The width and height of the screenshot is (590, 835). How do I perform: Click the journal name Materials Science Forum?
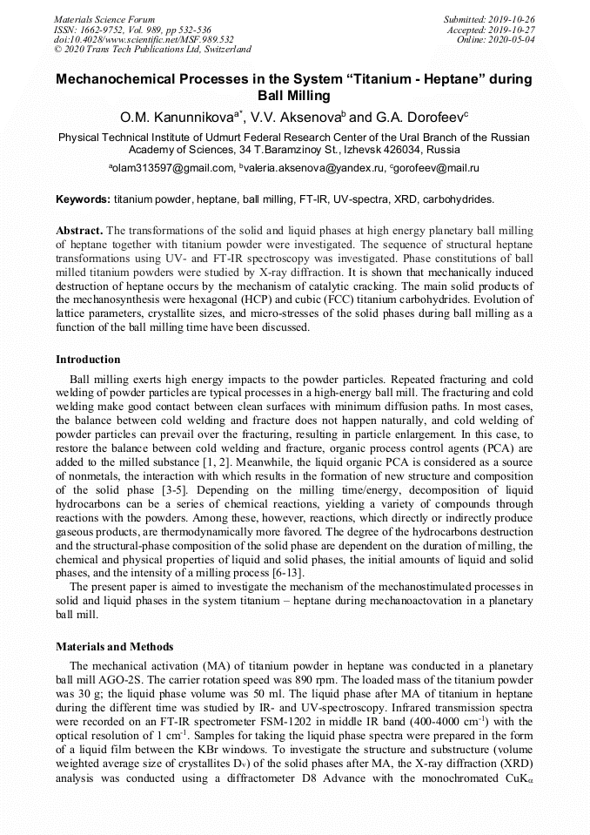pyautogui.click(x=104, y=18)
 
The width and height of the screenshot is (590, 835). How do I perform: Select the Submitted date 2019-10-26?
pyautogui.click(x=510, y=18)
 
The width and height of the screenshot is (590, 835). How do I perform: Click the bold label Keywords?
pyautogui.click(x=83, y=199)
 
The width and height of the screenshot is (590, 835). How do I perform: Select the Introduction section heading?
pyautogui.click(x=88, y=359)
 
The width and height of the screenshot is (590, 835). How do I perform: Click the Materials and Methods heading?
pyautogui.click(x=114, y=647)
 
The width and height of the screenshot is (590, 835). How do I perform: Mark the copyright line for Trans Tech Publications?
pyautogui.click(x=152, y=50)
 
